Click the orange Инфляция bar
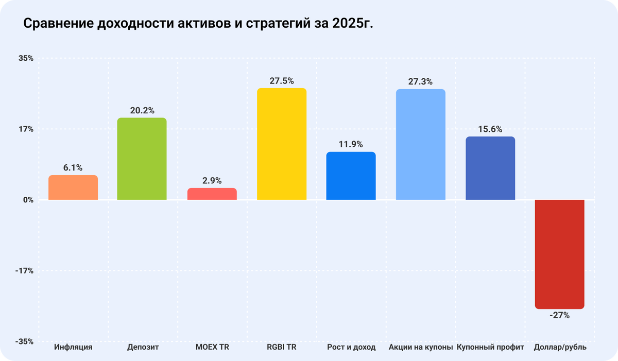tap(73, 187)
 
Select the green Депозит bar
tap(142, 159)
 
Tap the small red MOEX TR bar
tap(212, 194)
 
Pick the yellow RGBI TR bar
tap(282, 144)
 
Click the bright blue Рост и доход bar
tap(351, 176)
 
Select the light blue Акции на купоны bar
tap(420, 144)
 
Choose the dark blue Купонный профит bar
tap(490, 168)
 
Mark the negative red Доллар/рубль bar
tap(560, 254)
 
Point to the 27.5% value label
tap(282, 81)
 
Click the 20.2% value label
tap(142, 111)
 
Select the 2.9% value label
tap(212, 181)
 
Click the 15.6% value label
tap(490, 129)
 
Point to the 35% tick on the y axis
tap(26, 59)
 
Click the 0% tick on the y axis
tap(28, 200)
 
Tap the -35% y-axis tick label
tap(25, 341)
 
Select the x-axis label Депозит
tap(143, 348)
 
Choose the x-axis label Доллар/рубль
tap(560, 348)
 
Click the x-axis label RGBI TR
tap(282, 348)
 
